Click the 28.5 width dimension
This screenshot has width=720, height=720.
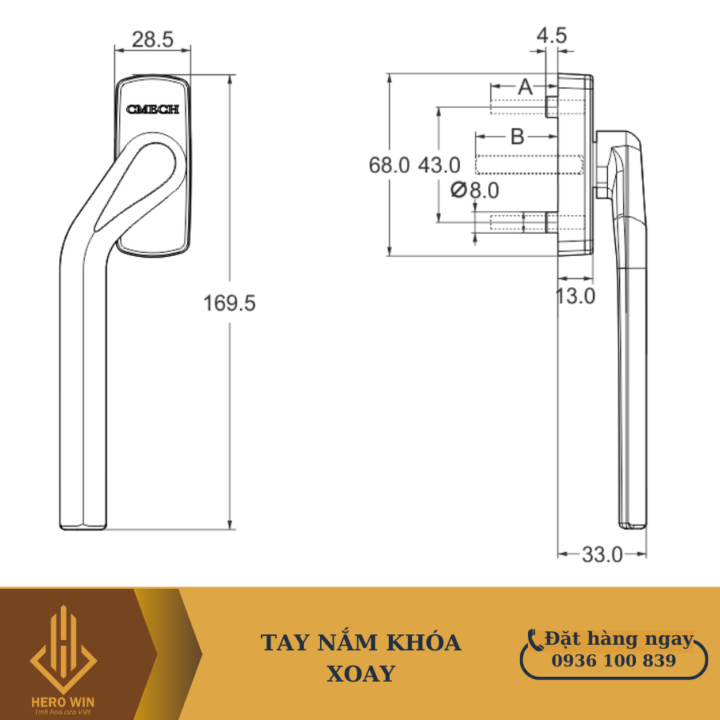pyautogui.click(x=153, y=39)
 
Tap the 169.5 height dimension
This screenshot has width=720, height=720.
pyautogui.click(x=229, y=303)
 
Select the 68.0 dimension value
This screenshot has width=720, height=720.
pyautogui.click(x=389, y=165)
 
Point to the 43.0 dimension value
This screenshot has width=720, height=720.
pyautogui.click(x=439, y=165)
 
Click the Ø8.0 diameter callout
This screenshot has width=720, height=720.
pyautogui.click(x=474, y=190)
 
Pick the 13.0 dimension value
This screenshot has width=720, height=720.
pyautogui.click(x=575, y=296)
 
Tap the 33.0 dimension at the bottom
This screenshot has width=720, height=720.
pyautogui.click(x=602, y=554)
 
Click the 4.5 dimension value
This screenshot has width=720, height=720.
pyautogui.click(x=551, y=36)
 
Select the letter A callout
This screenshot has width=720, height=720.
pyautogui.click(x=525, y=86)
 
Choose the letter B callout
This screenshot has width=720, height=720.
pyautogui.click(x=518, y=136)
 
